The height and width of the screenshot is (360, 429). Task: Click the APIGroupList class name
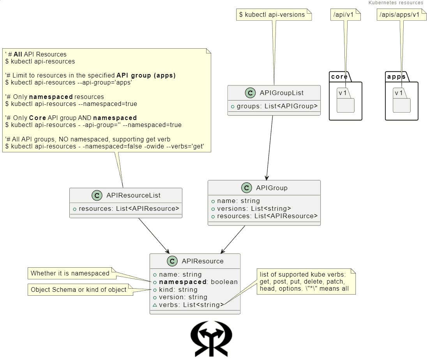(x=282, y=93)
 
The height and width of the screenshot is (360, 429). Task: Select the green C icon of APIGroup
(x=246, y=188)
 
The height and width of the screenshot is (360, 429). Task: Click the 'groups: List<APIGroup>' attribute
(x=277, y=106)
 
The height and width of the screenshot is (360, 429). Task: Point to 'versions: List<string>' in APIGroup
(x=254, y=208)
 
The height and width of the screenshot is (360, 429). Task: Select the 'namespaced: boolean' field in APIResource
(x=198, y=282)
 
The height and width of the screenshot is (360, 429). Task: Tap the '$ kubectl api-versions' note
(x=272, y=15)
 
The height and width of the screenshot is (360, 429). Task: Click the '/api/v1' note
(x=343, y=15)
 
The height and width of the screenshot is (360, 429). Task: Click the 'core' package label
(x=339, y=76)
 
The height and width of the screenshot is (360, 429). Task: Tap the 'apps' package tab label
(x=396, y=76)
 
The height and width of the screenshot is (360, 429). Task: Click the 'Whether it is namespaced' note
(x=70, y=274)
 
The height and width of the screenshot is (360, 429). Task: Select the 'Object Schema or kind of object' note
(x=78, y=289)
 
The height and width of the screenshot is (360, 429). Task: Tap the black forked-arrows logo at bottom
(x=211, y=339)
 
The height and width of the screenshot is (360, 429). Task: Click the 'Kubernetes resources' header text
(x=395, y=3)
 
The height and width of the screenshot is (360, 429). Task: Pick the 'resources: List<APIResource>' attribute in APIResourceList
(x=129, y=208)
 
